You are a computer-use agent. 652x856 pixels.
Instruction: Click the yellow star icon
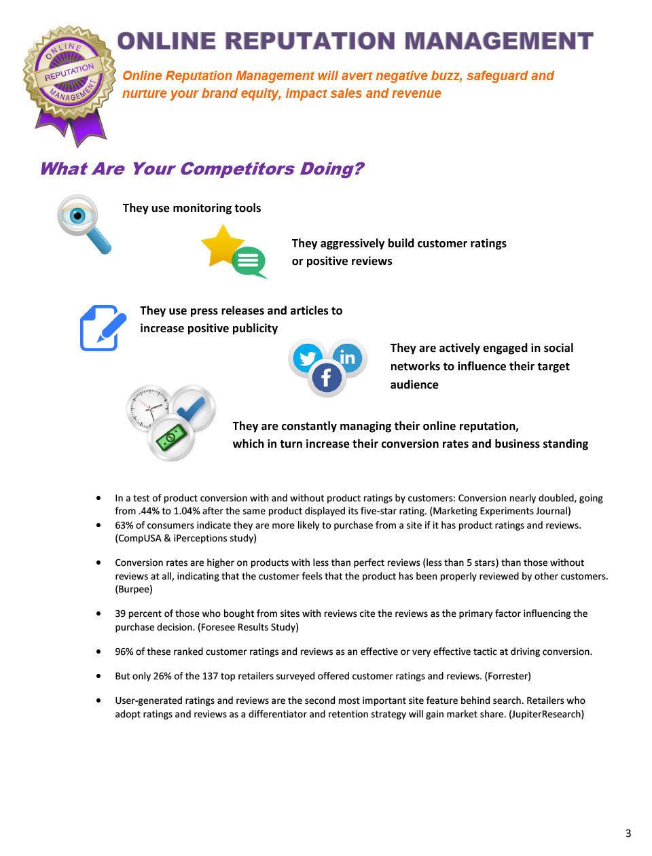(x=223, y=246)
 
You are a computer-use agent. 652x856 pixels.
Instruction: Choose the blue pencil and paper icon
(x=103, y=328)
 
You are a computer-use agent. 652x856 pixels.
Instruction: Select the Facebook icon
(x=327, y=378)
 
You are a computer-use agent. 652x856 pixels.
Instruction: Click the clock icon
(x=149, y=408)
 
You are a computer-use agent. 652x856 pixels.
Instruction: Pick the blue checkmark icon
(x=194, y=407)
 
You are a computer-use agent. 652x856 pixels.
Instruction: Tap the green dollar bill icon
(x=171, y=438)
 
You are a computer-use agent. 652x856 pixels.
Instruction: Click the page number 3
(x=628, y=834)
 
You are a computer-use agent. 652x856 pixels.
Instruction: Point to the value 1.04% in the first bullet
(x=187, y=511)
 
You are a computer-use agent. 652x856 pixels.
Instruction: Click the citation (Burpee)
(x=134, y=589)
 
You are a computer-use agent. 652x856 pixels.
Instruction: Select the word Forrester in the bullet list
(x=507, y=676)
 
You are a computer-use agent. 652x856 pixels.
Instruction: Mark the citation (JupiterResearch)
(x=546, y=714)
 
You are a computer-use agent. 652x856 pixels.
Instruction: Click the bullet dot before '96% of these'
(x=99, y=652)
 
